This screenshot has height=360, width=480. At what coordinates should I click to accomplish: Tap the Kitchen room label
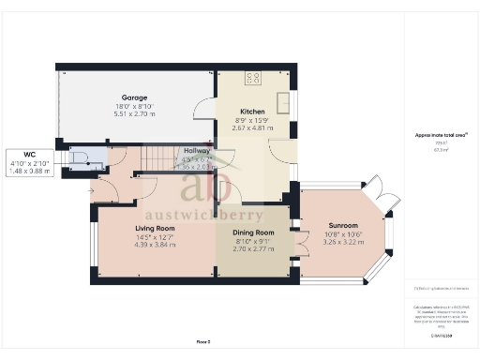(x=227, y=112)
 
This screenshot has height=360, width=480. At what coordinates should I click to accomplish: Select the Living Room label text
(x=155, y=228)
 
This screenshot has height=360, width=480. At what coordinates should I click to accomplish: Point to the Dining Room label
(x=253, y=232)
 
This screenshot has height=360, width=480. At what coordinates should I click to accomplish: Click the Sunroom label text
(x=342, y=226)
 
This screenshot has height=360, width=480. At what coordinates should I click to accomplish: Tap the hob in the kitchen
(x=253, y=78)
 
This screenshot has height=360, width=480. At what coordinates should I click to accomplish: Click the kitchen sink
(x=283, y=100)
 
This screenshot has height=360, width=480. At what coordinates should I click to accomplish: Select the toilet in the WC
(x=79, y=157)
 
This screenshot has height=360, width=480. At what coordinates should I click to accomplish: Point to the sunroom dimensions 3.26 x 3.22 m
(x=342, y=243)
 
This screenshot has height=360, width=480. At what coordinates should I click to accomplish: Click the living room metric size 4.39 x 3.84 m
(x=155, y=245)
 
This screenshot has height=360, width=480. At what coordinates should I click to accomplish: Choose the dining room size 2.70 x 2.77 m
(x=253, y=249)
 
